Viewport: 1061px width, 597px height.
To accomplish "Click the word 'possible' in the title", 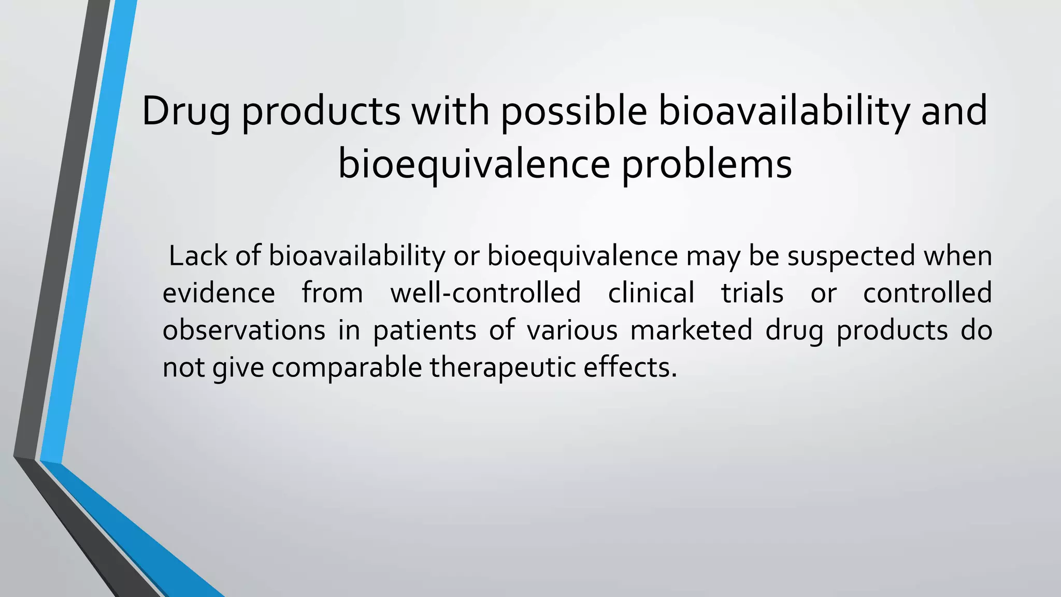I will (x=573, y=111).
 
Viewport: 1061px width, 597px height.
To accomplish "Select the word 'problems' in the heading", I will (x=707, y=164).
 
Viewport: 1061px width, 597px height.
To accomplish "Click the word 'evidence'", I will (x=219, y=293).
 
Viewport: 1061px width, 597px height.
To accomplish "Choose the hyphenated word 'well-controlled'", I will (x=485, y=293).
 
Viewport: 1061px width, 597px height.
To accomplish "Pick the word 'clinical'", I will (x=651, y=293).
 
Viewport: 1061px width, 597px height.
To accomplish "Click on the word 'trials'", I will (x=752, y=293).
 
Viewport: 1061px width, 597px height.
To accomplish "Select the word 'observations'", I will (x=244, y=330).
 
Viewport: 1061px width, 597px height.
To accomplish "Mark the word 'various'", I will (x=572, y=330).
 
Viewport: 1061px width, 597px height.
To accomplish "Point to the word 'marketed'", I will (x=691, y=330).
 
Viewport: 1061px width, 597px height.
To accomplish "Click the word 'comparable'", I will (x=347, y=367).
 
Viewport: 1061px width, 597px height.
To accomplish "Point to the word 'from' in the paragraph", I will (x=333, y=293).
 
